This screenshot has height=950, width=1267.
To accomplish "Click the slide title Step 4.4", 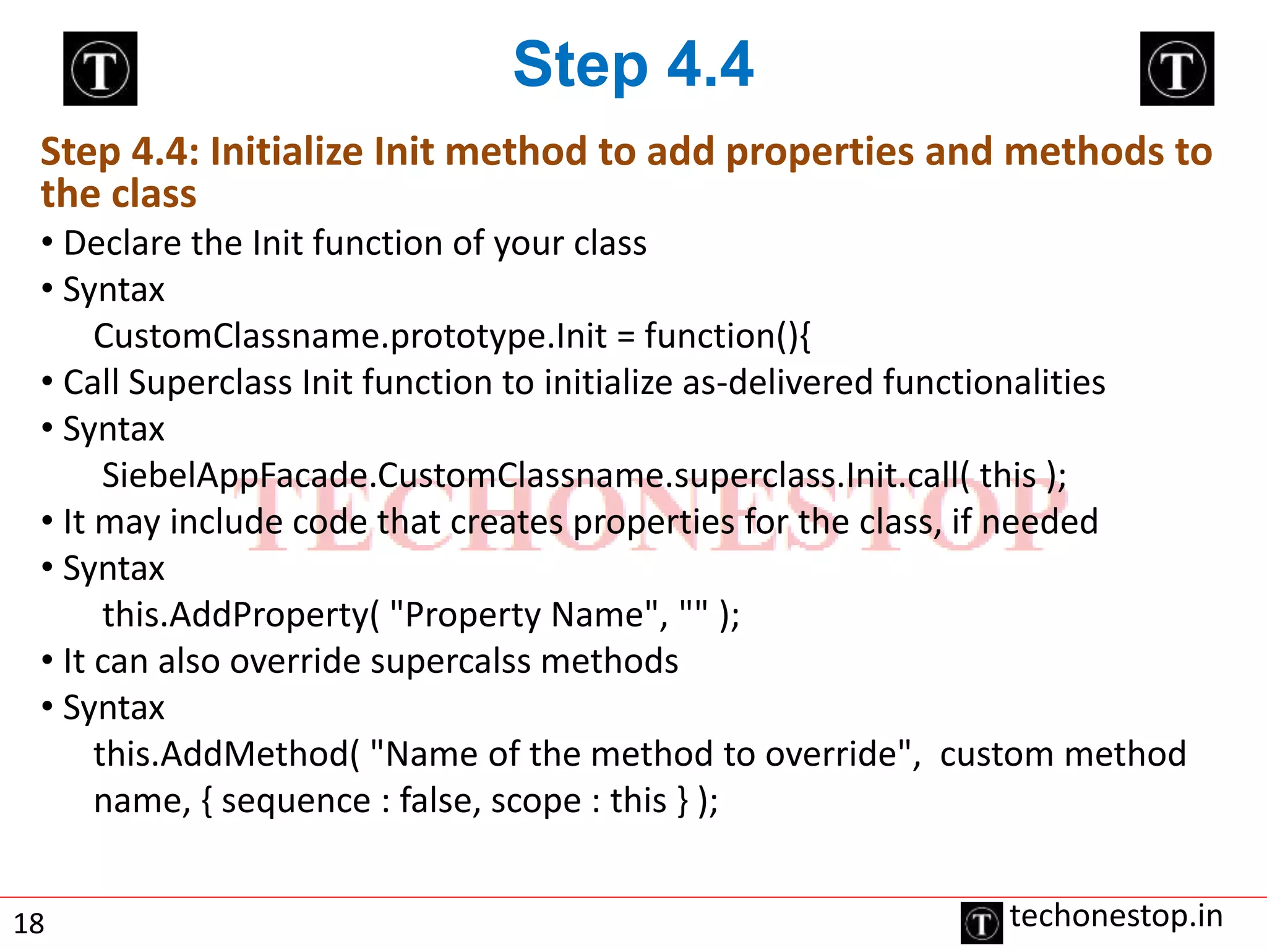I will point(633,64).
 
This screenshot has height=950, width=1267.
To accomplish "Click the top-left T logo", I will point(100,69).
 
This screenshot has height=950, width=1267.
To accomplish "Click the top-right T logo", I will point(1177,69).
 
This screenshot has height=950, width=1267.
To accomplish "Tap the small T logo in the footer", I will point(981,923).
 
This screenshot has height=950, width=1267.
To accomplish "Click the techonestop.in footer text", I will point(1116,916).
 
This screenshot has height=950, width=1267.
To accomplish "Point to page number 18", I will point(29,924).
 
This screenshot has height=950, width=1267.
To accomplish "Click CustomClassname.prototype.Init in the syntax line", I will point(350,336).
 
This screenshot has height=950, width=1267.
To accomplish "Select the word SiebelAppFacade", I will point(235,476).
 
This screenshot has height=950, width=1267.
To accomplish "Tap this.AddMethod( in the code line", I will point(226,754).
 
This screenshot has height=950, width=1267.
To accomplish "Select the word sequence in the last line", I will point(296,802).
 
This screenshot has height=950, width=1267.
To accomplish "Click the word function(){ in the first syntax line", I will point(728,336).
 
